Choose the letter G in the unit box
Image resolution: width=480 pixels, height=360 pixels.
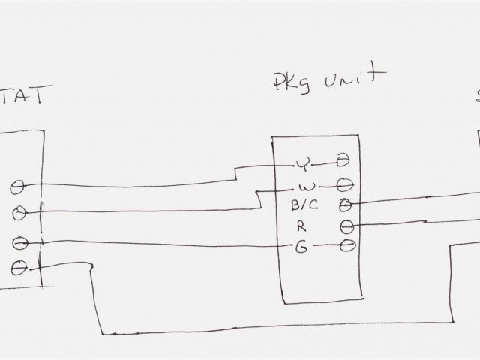[x=301, y=246]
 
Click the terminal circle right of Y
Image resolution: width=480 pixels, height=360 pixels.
[x=343, y=160]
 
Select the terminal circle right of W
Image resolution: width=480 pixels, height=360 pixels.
[x=346, y=183]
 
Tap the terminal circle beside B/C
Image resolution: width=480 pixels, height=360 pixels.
[x=346, y=204]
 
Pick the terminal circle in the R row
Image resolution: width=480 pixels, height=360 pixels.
[x=346, y=225]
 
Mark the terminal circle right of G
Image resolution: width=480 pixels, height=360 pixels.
[x=347, y=245]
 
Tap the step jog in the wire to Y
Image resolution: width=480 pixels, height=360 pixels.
[x=235, y=173]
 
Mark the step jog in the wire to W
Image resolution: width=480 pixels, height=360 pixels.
[x=258, y=199]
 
